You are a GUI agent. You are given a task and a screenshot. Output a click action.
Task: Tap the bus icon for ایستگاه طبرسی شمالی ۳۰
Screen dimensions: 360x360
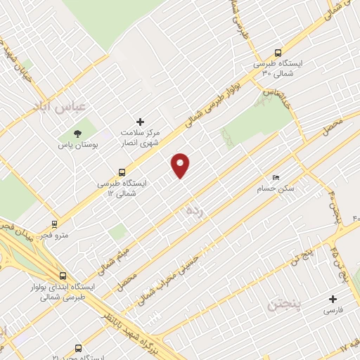[278, 53]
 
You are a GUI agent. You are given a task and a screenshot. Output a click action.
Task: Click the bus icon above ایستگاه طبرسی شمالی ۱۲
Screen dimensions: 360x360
[122, 172]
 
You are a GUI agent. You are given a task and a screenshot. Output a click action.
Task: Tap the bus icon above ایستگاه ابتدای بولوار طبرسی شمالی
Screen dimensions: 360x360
[63, 276]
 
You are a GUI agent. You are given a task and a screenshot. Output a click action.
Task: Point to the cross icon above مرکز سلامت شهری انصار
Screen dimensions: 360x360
[140, 122]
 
